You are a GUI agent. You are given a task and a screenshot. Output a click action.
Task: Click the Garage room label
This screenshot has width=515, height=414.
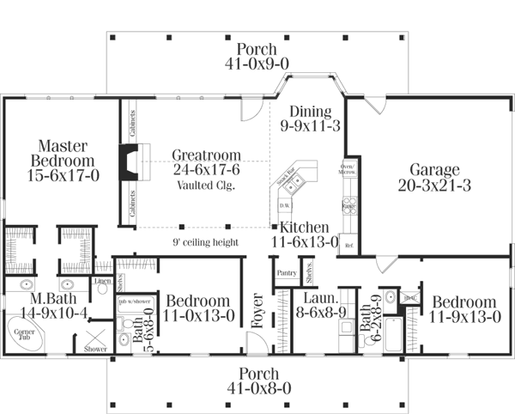click(434, 169)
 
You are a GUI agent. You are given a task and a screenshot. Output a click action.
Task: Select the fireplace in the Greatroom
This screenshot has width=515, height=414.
click(127, 163)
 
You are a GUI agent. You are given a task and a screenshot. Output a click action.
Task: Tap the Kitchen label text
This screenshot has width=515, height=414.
click(303, 228)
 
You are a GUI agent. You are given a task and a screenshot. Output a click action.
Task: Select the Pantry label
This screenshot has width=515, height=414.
click(287, 273)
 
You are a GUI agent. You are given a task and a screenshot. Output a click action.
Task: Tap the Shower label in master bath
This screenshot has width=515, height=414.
click(96, 349)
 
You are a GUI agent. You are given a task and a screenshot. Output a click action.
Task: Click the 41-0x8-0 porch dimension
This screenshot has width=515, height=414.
click(257, 388)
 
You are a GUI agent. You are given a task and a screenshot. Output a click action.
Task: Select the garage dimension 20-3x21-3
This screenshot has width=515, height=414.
click(434, 185)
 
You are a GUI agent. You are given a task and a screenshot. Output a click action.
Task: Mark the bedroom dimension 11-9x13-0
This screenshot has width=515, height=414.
click(463, 317)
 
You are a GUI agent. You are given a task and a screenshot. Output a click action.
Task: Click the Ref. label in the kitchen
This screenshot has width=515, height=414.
click(348, 245)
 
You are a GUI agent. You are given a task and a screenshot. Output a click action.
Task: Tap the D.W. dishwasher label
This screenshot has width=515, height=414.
click(284, 206)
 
